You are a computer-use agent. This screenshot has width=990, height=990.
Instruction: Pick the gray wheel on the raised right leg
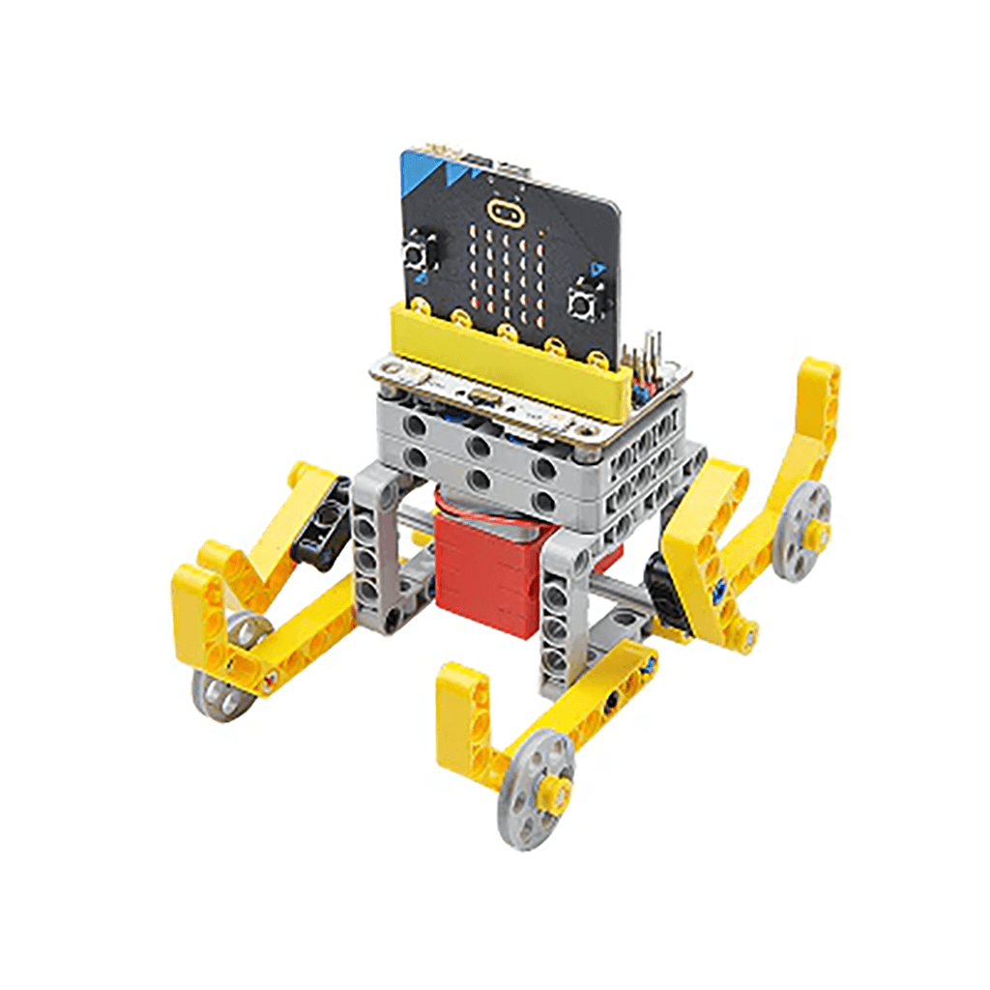pos(803,531)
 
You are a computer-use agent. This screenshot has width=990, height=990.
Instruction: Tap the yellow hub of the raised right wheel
pos(817,530)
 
